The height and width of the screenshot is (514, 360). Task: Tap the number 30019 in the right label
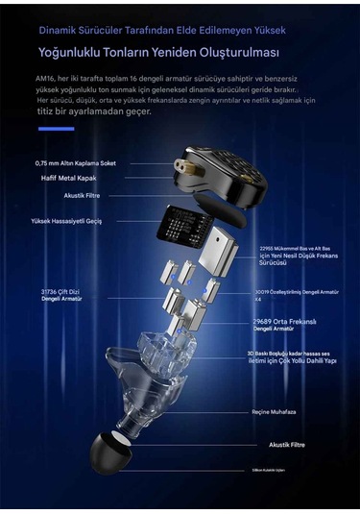click(x=266, y=291)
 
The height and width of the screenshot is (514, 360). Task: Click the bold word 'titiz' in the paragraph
click(x=45, y=111)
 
